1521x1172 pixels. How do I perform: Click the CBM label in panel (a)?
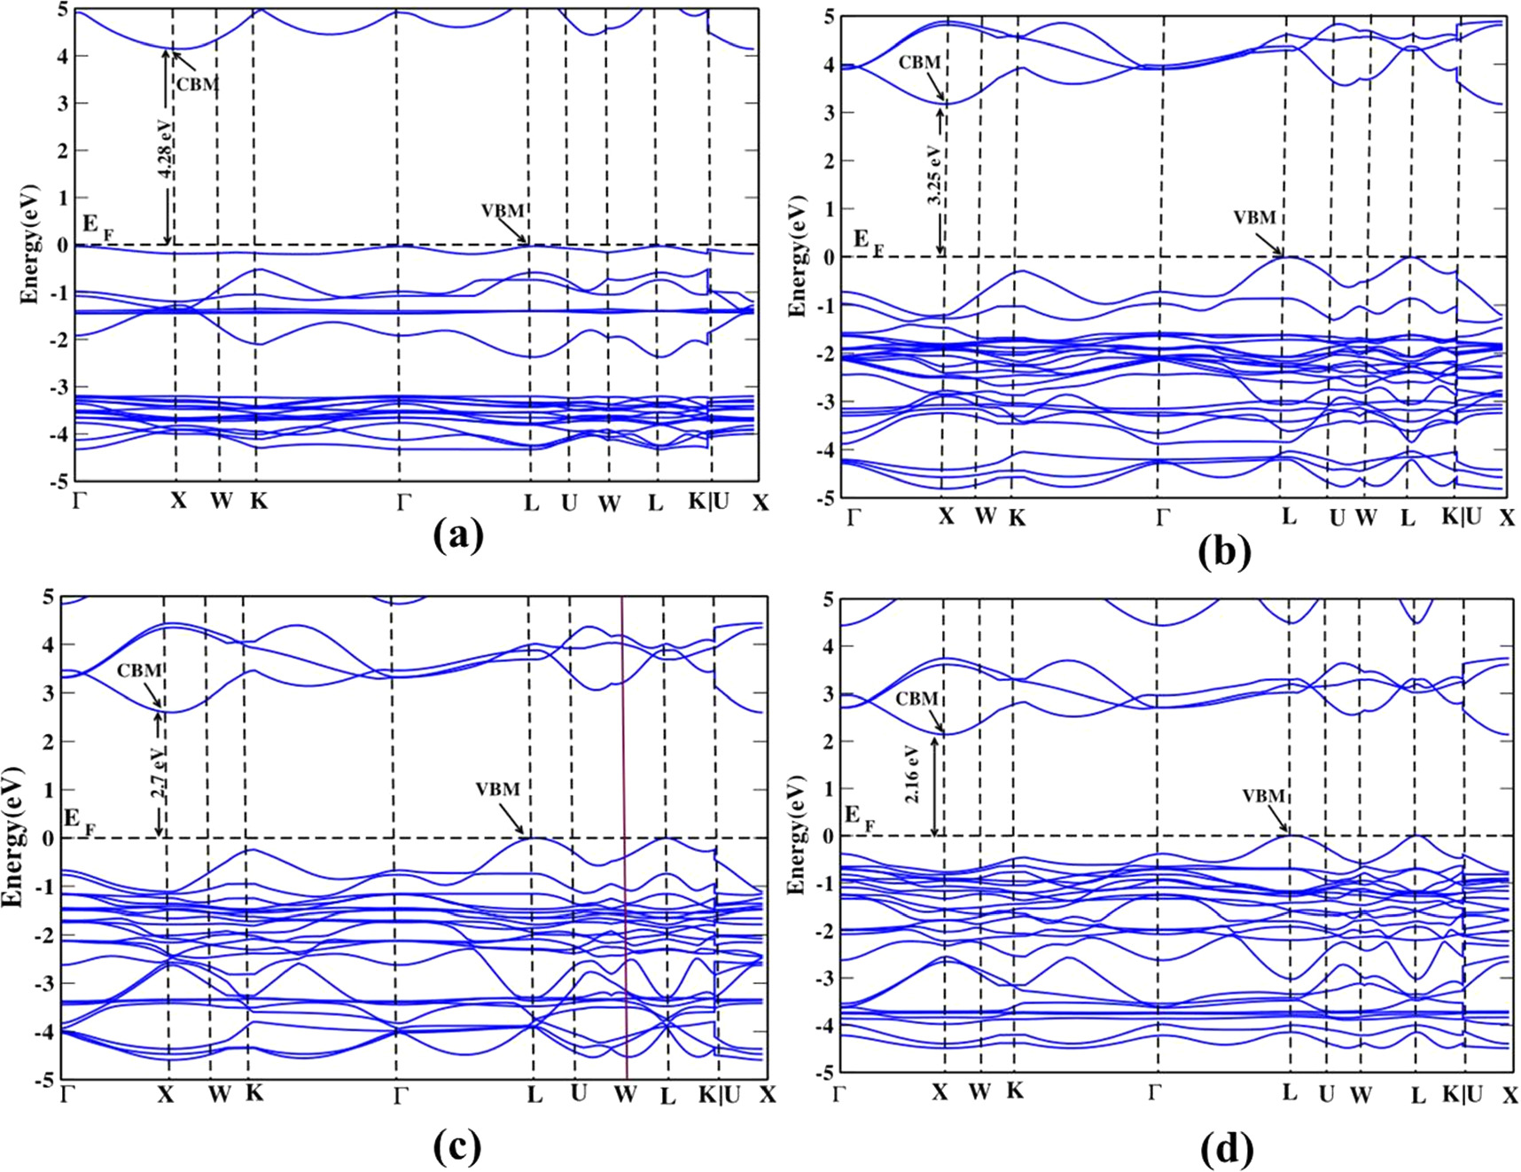tap(196, 84)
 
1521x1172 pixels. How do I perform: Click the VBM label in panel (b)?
tap(1255, 217)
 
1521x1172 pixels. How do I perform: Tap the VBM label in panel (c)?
tap(497, 789)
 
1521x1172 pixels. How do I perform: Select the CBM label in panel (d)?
tap(916, 699)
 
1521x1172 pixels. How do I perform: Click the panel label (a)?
tap(458, 535)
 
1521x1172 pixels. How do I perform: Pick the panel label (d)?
tap(1227, 1150)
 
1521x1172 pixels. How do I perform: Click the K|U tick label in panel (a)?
tap(709, 501)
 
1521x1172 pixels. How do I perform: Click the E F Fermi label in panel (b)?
tap(867, 241)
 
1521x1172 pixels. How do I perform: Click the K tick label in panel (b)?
tap(1017, 519)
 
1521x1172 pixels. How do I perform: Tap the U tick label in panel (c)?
tap(579, 1093)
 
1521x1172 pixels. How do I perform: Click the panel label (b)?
tap(1224, 551)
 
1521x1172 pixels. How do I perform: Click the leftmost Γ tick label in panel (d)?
tap(840, 1093)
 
